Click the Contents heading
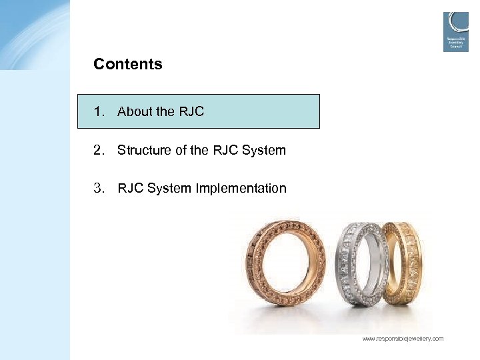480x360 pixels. (x=128, y=65)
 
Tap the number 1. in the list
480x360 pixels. (x=99, y=111)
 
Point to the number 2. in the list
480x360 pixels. (x=99, y=150)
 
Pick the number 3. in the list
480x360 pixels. (x=99, y=188)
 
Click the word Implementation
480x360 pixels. (x=241, y=189)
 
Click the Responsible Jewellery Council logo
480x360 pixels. (x=456, y=31)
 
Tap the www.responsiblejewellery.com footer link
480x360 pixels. (x=403, y=339)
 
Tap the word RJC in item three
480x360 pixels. (x=131, y=188)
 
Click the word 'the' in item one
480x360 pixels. (x=165, y=111)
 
